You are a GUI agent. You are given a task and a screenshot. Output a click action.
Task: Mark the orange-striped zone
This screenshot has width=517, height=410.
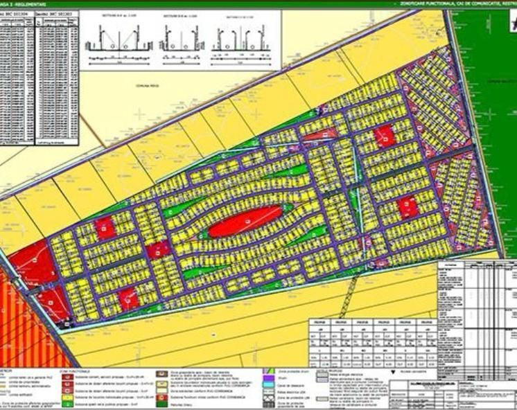tap(28, 326)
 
